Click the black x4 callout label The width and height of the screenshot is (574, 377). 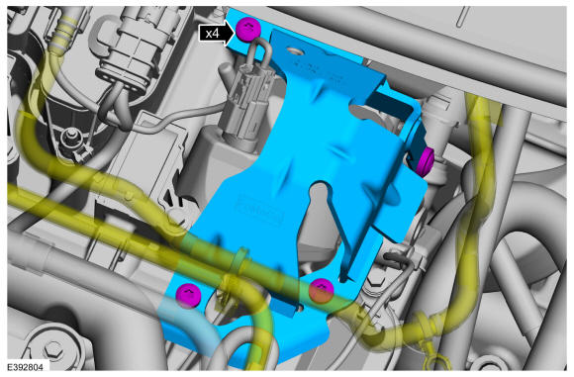213,34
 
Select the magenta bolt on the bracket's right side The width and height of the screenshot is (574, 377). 426,160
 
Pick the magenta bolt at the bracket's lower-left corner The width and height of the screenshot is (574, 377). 189,294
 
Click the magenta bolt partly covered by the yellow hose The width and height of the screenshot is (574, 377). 321,290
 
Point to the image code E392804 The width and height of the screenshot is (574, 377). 25,367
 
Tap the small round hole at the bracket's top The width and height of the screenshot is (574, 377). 293,49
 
